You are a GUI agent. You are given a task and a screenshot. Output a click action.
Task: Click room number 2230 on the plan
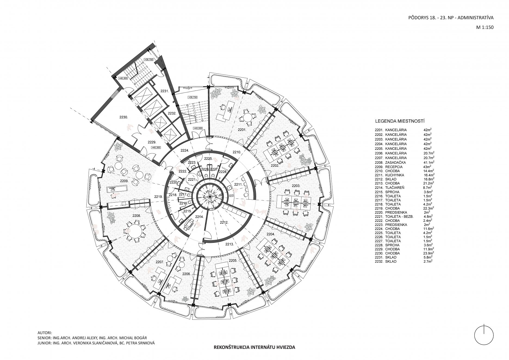pyautogui.click(x=123, y=117)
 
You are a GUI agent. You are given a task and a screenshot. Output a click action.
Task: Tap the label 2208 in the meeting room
pyautogui.click(x=136, y=216)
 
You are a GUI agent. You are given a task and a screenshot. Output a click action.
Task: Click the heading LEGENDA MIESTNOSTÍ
pyautogui.click(x=400, y=121)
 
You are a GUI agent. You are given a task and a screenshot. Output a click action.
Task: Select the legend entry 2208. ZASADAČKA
pyautogui.click(x=391, y=162)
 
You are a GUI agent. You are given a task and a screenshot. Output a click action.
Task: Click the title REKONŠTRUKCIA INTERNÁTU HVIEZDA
pyautogui.click(x=254, y=347)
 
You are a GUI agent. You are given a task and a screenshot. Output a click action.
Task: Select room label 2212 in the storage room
pyautogui.click(x=224, y=222)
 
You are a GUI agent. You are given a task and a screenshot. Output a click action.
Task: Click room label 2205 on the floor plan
pyautogui.click(x=233, y=260)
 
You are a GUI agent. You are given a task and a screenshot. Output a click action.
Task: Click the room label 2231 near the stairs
pyautogui.click(x=164, y=91)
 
